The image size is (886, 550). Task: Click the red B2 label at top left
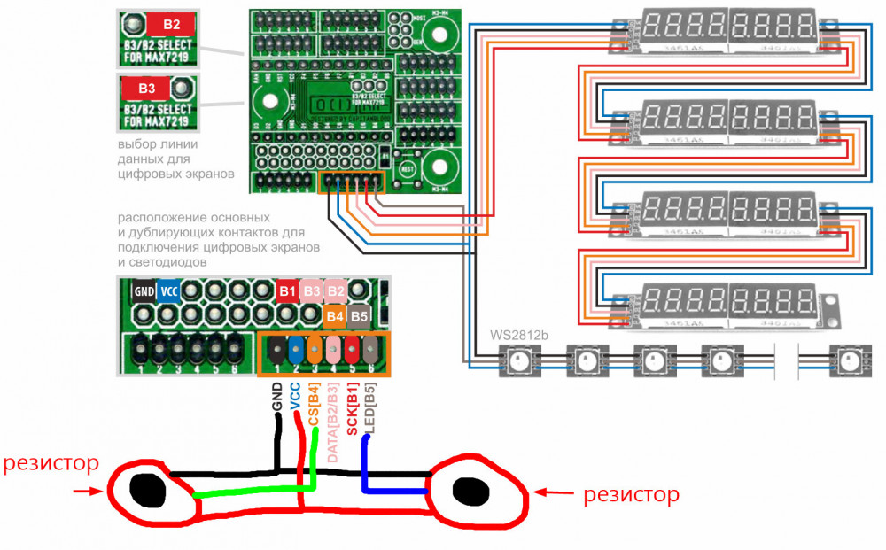point(172,24)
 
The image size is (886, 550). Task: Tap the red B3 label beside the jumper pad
point(147,89)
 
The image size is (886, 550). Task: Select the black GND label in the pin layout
point(143,290)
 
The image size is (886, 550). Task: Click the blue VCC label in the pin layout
point(167,290)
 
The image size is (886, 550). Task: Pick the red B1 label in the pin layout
point(287,290)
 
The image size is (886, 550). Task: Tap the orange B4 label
point(335,314)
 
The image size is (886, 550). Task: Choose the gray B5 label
point(359,314)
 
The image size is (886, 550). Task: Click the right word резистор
point(631,493)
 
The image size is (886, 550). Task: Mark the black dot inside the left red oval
point(147,488)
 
